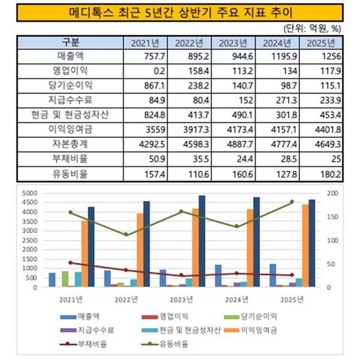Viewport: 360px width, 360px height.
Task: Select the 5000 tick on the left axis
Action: click(x=29, y=193)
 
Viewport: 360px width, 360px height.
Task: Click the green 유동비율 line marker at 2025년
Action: click(x=292, y=202)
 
